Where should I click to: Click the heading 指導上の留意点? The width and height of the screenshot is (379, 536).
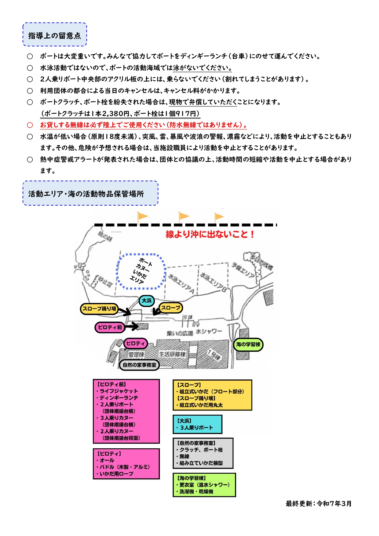pos(55,35)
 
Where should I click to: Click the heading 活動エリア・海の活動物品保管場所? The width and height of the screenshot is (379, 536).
pos(86,194)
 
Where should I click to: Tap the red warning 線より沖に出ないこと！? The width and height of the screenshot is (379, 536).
pos(210,234)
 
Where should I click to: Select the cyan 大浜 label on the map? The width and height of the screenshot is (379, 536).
pos(147,301)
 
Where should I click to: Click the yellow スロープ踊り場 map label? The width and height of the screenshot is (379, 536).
pos(99,308)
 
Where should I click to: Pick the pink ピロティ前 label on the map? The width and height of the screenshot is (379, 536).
pos(110,327)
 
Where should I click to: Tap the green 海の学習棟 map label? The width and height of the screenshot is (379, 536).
pos(248,344)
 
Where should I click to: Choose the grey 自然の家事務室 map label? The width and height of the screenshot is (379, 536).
pos(139,365)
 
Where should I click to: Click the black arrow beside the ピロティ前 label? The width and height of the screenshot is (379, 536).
pos(132,326)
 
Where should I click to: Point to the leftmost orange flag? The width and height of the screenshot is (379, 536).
pos(142,217)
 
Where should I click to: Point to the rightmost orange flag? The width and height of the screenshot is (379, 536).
pos(219,217)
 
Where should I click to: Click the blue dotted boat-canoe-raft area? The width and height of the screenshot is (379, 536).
pos(141,271)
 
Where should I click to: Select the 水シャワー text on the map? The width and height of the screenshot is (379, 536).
pos(209,332)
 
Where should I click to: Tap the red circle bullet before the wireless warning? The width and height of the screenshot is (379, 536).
pos(30,125)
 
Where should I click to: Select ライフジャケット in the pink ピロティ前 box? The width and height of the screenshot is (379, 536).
pos(118,391)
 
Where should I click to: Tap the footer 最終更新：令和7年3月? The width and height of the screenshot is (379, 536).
pos(319,504)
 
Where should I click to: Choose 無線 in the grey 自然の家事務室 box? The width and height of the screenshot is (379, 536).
pos(184,456)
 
